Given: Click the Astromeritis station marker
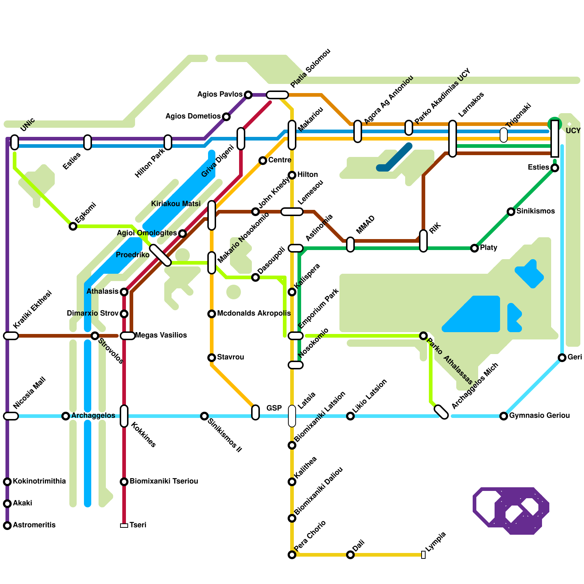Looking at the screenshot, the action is tap(7, 526).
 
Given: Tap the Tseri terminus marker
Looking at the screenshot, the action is tap(124, 526).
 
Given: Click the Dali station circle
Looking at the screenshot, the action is tap(350, 555).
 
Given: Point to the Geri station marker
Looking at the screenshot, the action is tap(562, 358).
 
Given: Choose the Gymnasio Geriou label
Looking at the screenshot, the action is tap(539, 416).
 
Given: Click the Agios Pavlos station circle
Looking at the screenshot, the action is tap(248, 95).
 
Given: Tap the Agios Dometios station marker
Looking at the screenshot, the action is tap(226, 117).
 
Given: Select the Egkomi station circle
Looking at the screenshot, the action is tap(73, 226).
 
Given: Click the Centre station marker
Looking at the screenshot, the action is tap(263, 161).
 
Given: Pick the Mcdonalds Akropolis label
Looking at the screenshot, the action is tap(254, 314).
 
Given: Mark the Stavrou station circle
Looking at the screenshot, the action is tap(212, 358).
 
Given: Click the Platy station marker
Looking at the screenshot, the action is tap(474, 248).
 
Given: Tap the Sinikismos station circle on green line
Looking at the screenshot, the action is tap(511, 212).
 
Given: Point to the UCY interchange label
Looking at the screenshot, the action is tap(573, 131).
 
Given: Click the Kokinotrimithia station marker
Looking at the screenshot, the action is tap(7, 482).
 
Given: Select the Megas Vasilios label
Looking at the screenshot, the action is tap(161, 335).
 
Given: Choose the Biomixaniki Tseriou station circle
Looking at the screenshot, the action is tap(124, 482).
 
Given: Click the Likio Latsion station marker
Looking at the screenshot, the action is tap(350, 416).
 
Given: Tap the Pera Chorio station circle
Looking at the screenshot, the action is tap(292, 555).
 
